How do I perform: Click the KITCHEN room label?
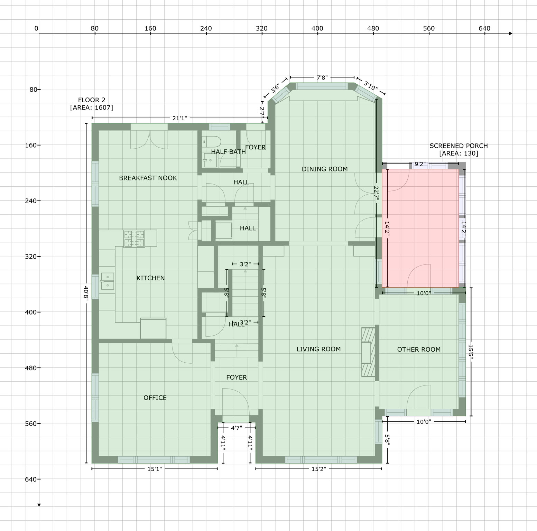150,278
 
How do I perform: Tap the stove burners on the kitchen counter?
134,239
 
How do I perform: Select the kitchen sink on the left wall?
108,281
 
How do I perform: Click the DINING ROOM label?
325,169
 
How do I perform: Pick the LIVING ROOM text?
318,349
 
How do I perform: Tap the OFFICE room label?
155,398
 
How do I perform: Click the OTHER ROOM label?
419,350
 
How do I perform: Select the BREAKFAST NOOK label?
148,178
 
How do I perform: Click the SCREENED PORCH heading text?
459,146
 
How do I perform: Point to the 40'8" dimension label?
86,293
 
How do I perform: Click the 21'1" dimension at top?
179,118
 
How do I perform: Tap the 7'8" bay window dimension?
322,77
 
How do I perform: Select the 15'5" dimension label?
471,352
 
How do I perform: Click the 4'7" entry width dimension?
237,428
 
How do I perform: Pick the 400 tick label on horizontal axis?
317,28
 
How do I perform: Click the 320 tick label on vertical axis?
31,257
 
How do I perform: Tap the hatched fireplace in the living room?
368,352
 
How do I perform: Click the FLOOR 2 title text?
92,100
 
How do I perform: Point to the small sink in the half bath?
210,160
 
